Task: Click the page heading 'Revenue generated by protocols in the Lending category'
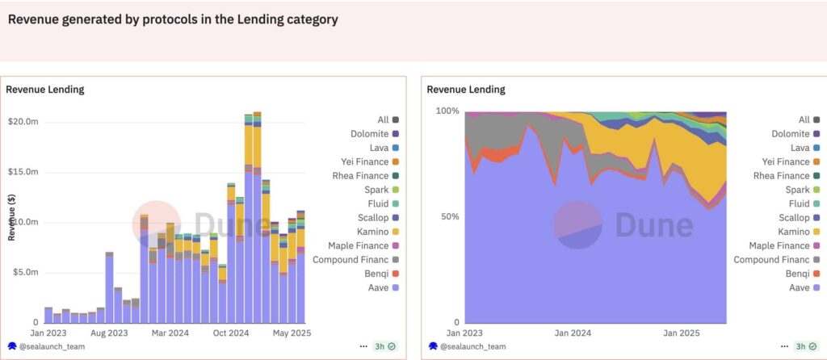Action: [x=173, y=19]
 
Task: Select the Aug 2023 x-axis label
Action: [x=108, y=333]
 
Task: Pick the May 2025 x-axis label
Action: [x=292, y=333]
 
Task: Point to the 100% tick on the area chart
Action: [x=447, y=111]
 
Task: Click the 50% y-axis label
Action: [x=449, y=216]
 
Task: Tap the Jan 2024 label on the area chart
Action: [x=573, y=333]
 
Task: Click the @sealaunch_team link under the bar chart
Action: [x=51, y=346]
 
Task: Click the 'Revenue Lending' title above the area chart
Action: [x=466, y=90]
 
